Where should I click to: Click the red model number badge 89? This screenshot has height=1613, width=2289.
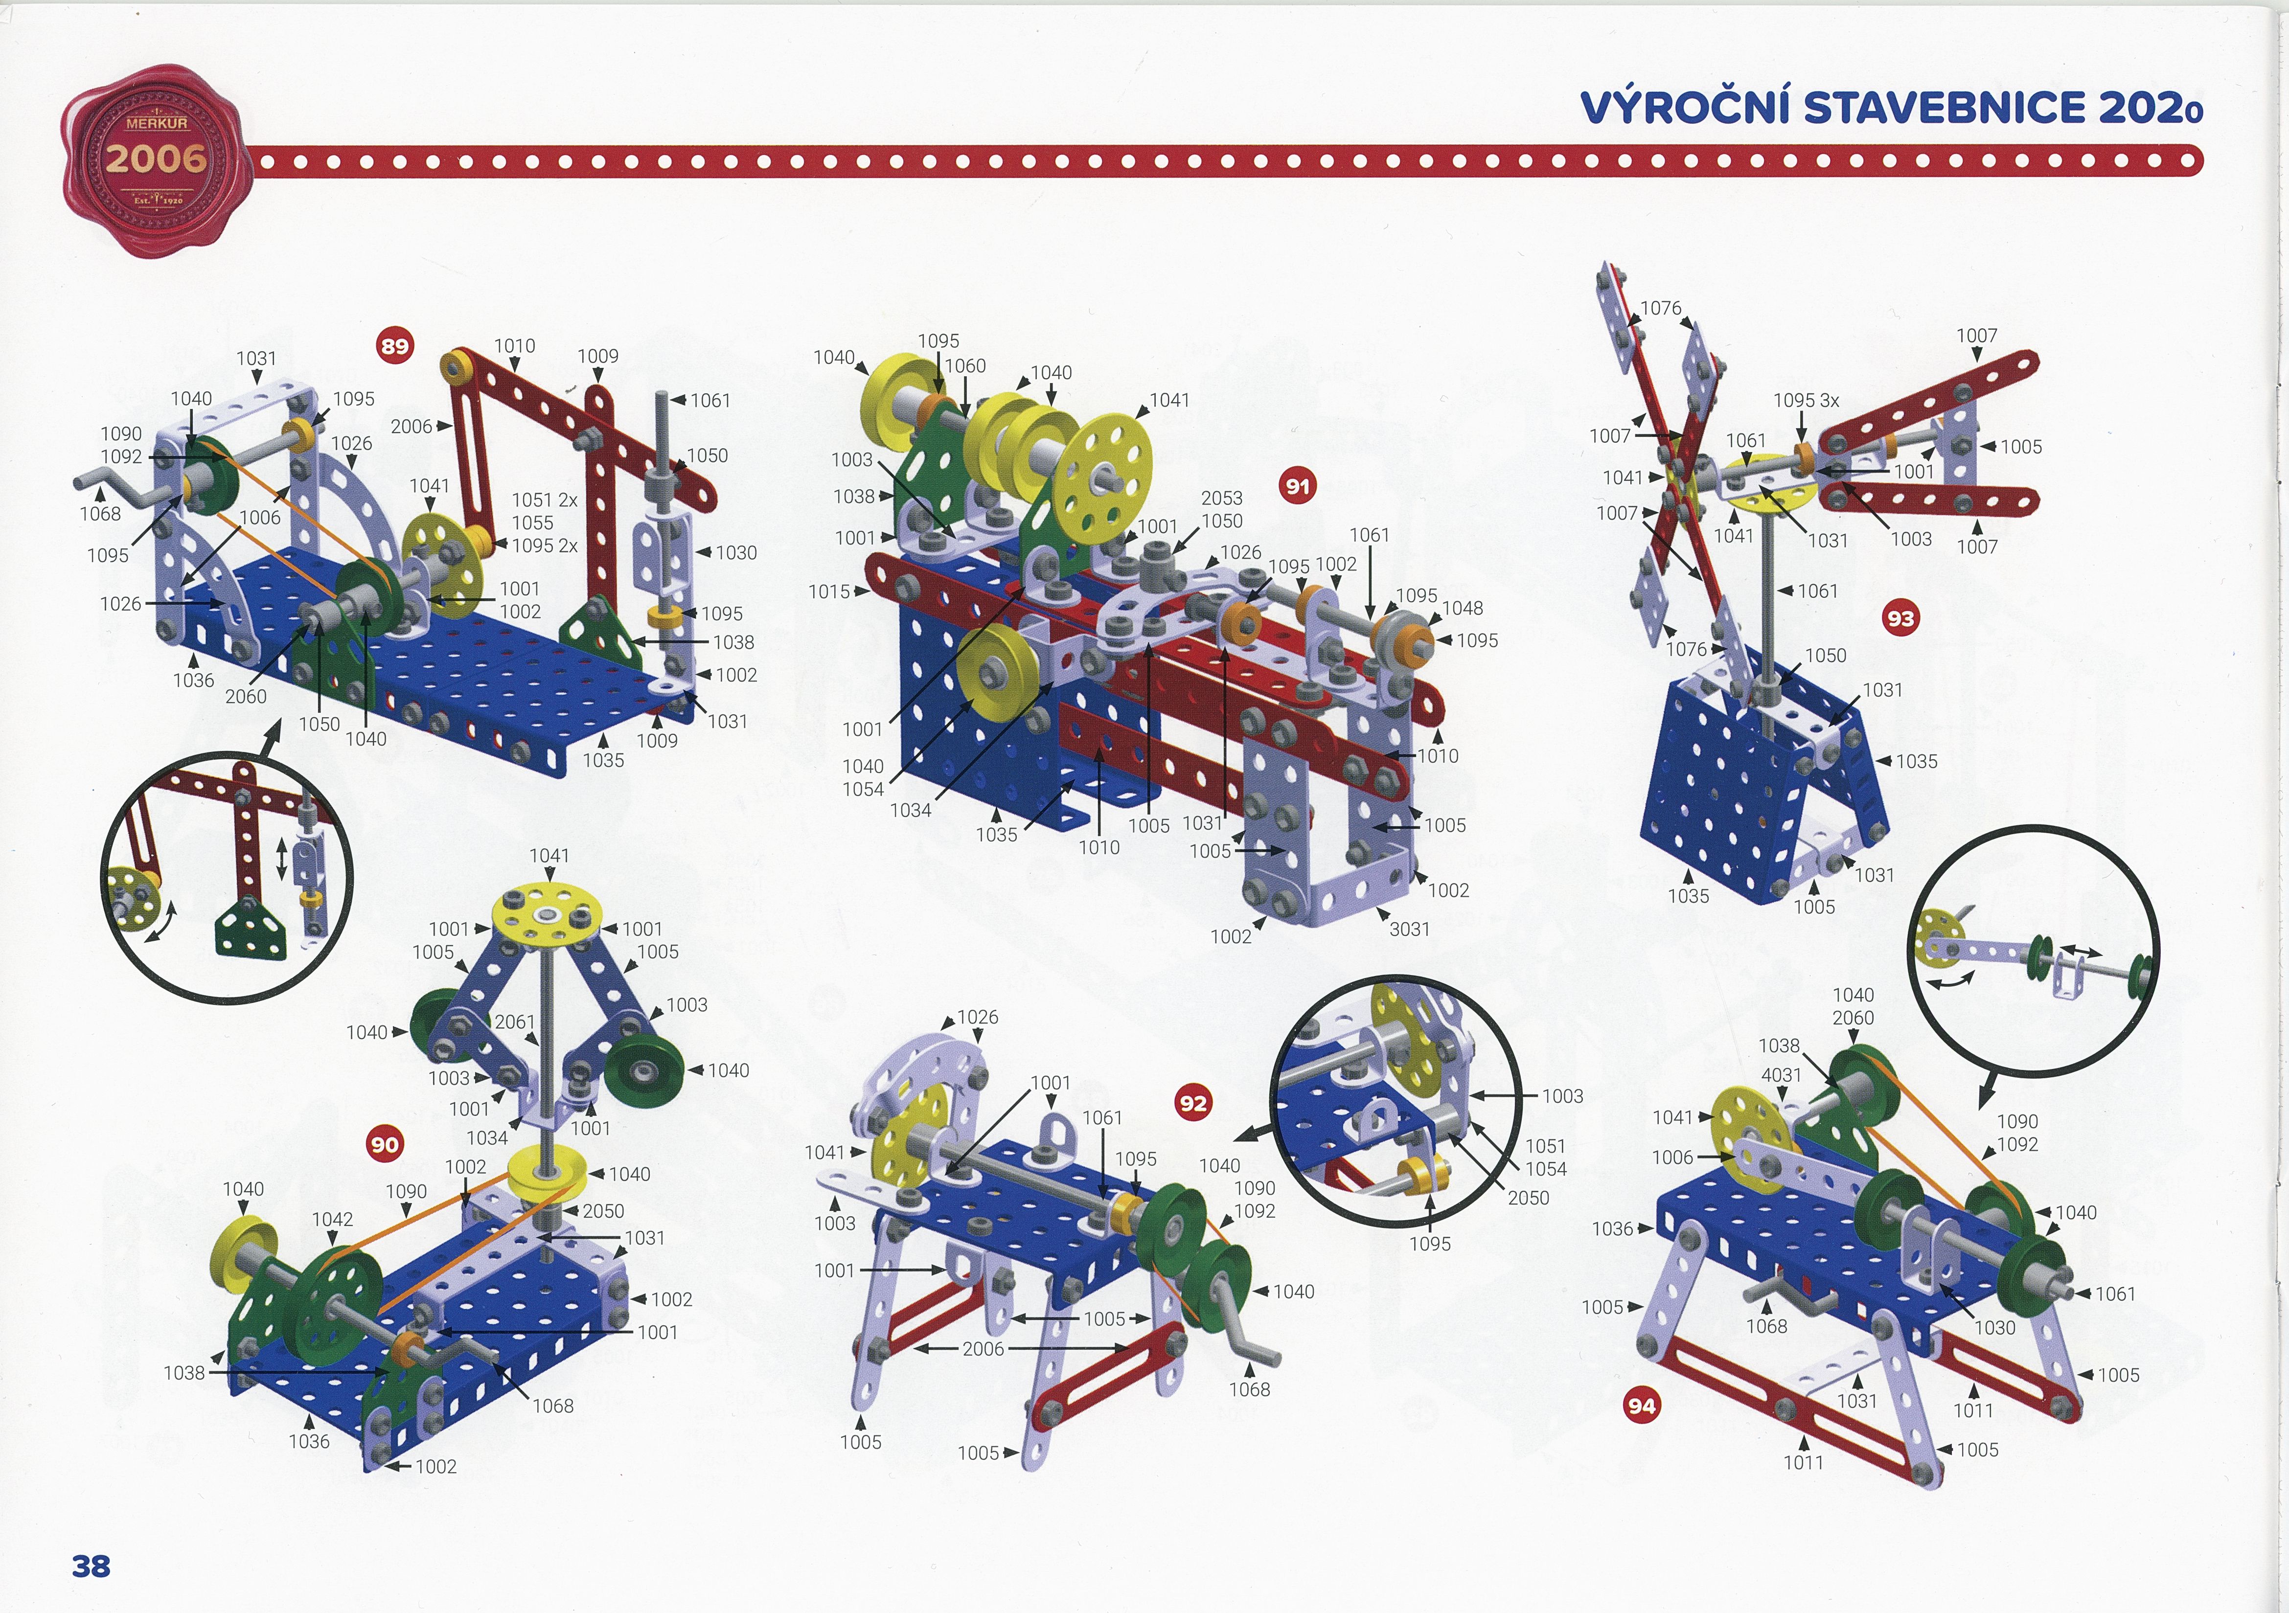395,346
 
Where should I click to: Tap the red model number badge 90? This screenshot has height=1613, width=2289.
385,1144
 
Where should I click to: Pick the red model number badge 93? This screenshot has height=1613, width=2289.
1900,618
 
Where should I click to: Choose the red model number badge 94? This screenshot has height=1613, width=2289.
1641,1406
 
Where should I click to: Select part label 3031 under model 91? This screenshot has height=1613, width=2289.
1410,929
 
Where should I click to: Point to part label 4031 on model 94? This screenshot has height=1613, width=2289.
1782,1075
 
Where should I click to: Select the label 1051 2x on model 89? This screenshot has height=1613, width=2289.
544,500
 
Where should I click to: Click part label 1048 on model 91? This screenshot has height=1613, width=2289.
1463,608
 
